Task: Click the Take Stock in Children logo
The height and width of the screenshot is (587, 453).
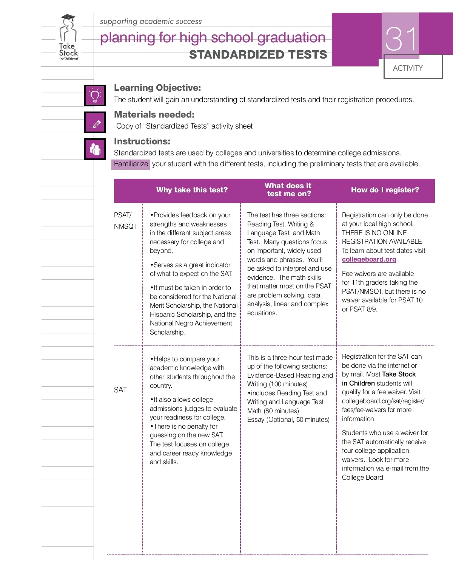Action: [x=68, y=38]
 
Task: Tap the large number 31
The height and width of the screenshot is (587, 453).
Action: [x=401, y=39]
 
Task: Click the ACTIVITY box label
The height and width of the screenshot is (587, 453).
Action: [x=408, y=68]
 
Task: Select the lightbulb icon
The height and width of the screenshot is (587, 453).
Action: [x=95, y=95]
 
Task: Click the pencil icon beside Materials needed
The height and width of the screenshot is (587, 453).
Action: [x=95, y=122]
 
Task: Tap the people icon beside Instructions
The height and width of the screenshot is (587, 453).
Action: [x=95, y=149]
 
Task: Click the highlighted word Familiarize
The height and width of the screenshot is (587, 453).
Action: [x=131, y=164]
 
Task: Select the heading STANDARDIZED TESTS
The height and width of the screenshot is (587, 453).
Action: [x=258, y=55]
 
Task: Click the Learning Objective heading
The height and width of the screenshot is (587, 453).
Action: [x=157, y=88]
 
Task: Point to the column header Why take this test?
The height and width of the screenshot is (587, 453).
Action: [x=192, y=190]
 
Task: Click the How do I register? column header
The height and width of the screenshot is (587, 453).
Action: [x=385, y=190]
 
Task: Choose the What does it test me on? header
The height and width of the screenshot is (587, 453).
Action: [x=288, y=190]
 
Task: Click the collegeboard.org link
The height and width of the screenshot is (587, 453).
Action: [x=369, y=259]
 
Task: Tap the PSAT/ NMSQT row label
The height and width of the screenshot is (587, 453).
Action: [x=125, y=220]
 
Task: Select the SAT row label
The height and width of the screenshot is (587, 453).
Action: [x=120, y=390]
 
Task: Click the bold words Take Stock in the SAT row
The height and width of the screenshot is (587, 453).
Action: [x=399, y=374]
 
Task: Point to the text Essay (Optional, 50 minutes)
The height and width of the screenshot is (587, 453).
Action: [x=288, y=420]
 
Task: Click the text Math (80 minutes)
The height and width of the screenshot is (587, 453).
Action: [x=273, y=411]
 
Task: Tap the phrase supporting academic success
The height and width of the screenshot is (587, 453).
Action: [x=151, y=22]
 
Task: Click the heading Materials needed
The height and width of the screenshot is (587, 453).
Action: [x=154, y=115]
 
